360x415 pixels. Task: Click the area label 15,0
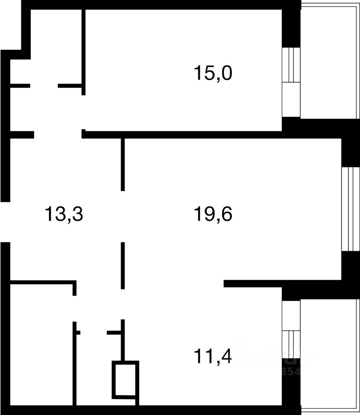click(x=213, y=73)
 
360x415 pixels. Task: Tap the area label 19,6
click(x=213, y=214)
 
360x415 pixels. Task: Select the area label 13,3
click(x=64, y=214)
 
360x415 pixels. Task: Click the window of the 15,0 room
click(x=290, y=82)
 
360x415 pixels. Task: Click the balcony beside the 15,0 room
click(x=330, y=61)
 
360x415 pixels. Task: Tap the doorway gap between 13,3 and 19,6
click(x=123, y=216)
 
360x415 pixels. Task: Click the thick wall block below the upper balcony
click(x=320, y=128)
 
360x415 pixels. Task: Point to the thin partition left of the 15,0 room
click(x=83, y=52)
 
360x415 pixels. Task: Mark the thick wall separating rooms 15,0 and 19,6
click(x=182, y=134)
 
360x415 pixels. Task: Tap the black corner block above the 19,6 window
click(x=350, y=151)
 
